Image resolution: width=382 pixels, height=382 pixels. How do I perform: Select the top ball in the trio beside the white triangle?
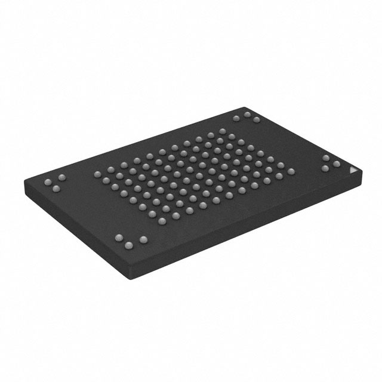pos(326,158)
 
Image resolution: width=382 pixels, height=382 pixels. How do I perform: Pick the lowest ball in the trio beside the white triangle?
pos(325,169)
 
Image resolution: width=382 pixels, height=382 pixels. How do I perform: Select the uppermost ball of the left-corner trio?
pos(60,178)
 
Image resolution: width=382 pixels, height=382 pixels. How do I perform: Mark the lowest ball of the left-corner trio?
pos(57,189)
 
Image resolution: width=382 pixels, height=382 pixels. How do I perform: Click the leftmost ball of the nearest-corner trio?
pos(118,238)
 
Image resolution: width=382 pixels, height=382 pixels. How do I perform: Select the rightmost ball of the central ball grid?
pos(291,171)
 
